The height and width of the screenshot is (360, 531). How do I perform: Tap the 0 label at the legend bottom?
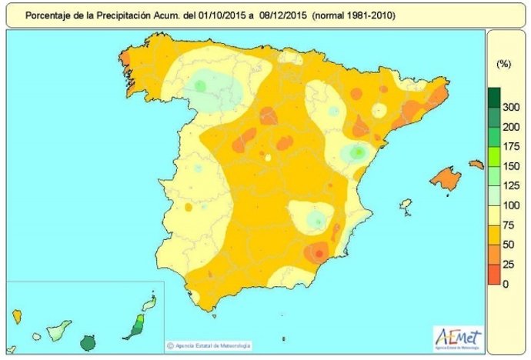coord(506,284)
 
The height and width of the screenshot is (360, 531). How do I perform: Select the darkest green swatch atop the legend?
coord(494,97)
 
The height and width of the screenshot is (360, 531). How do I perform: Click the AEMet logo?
coord(459,337)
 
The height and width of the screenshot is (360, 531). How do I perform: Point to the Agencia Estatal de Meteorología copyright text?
coord(207,345)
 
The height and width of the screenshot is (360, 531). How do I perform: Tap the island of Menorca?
coord(476,163)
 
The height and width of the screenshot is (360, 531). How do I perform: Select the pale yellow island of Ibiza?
coord(406,206)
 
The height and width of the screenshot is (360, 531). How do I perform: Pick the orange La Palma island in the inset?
coord(16,315)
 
